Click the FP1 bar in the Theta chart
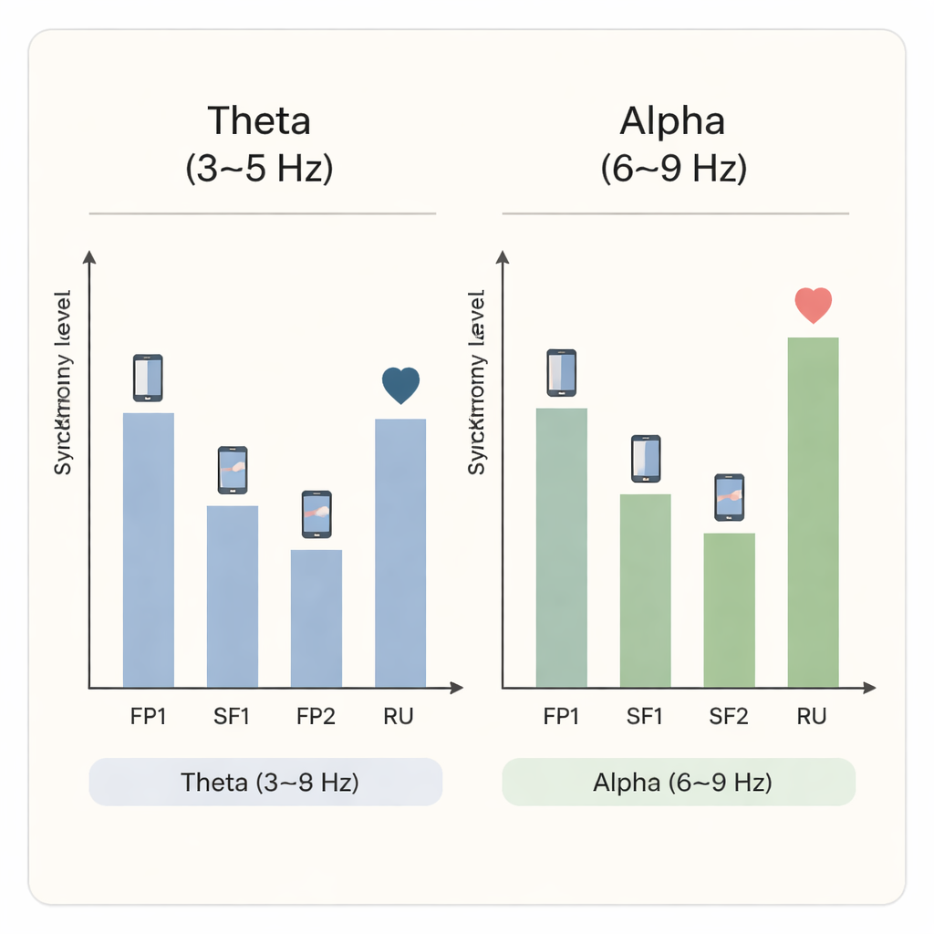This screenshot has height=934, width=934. point(148,549)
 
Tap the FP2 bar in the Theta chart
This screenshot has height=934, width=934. point(316,617)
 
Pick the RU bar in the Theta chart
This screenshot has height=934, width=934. point(400,552)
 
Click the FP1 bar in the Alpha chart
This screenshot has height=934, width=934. point(561,547)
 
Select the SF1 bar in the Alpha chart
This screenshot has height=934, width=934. point(645,590)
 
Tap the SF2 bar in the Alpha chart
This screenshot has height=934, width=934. point(729,609)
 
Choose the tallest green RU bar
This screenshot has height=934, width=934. point(813,512)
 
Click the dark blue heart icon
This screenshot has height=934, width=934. point(400,385)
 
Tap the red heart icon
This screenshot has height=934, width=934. point(813,305)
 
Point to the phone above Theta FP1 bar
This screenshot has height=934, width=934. point(148,378)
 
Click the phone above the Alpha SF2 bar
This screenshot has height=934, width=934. point(729,497)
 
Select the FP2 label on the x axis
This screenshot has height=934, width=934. point(316,717)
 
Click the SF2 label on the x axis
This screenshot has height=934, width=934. point(729,717)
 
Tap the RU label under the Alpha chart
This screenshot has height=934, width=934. point(811,717)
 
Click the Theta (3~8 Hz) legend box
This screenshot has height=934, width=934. point(265,782)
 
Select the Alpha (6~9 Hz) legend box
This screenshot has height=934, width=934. point(679,782)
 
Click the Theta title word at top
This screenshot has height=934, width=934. point(259,121)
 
